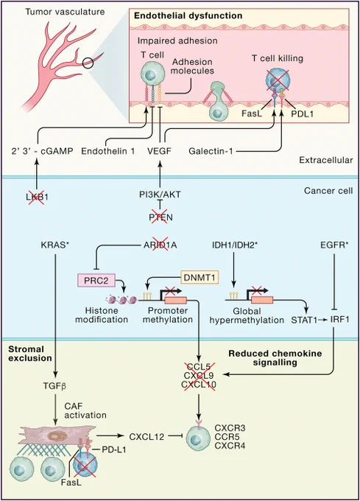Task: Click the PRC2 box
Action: click(96, 280)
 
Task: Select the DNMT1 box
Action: click(200, 277)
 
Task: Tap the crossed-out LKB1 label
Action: click(37, 197)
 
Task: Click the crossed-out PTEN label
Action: click(160, 217)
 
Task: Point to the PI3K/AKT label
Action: click(160, 195)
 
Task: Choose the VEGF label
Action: click(159, 151)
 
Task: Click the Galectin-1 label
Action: click(211, 151)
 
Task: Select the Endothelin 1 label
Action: click(108, 151)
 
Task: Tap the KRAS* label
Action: click(55, 245)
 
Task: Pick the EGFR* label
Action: click(334, 245)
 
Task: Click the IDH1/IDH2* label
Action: click(235, 245)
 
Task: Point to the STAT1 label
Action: click(304, 320)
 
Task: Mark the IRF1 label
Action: click(339, 320)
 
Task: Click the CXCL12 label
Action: click(147, 436)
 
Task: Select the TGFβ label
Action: click(54, 386)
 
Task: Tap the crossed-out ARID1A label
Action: click(160, 245)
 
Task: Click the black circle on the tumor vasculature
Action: click(88, 63)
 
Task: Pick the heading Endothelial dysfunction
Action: click(188, 15)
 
